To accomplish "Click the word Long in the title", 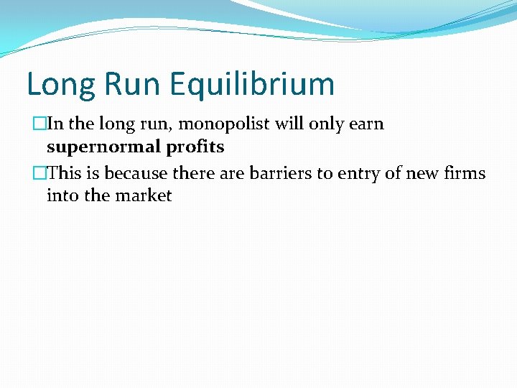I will (x=60, y=84).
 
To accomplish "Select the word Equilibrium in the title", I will (x=253, y=84).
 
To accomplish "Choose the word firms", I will (x=464, y=173).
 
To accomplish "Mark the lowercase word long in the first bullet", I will (x=114, y=124).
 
